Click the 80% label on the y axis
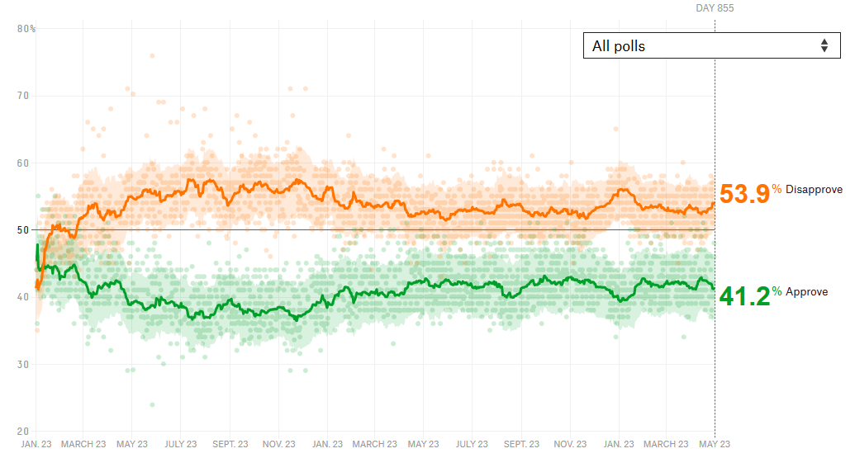coord(26,29)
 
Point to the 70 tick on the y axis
coord(23,96)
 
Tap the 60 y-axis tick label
coord(23,163)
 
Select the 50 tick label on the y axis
coord(23,230)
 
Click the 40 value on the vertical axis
coord(23,297)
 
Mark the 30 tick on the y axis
coord(23,365)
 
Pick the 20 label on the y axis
coord(23,432)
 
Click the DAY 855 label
coord(715,8)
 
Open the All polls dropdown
coord(710,46)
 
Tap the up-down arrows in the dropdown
coord(824,46)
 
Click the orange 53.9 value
coord(744,194)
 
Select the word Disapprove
coord(814,190)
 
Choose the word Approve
coord(806,292)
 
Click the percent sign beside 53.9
coord(777,190)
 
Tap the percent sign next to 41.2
coord(777,291)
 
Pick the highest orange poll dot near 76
coord(152,56)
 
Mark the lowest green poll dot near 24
coord(152,404)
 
